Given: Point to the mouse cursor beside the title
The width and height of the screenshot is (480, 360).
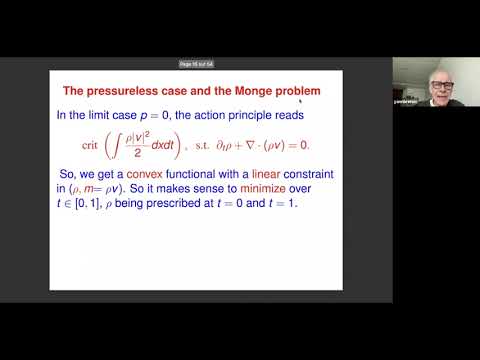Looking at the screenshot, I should coord(300,99).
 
